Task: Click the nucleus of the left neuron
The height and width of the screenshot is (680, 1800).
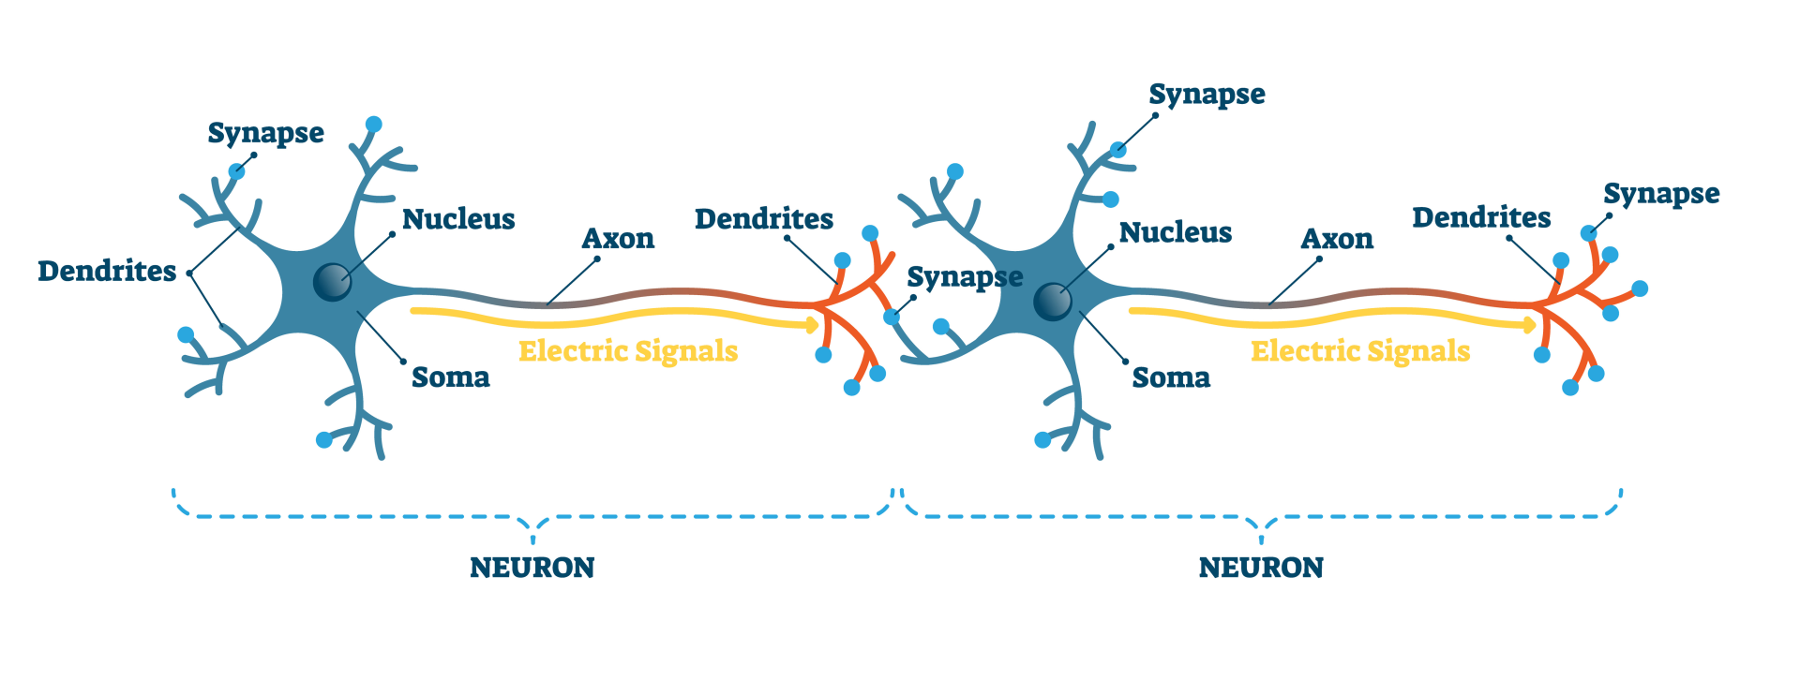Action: pos(332,281)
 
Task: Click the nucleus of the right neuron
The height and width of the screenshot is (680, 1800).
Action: pos(1052,302)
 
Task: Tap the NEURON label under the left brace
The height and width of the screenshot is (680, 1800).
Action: pos(532,568)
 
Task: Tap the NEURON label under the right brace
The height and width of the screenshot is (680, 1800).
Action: pos(1261,568)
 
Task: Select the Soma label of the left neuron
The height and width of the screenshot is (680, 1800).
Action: pos(451,377)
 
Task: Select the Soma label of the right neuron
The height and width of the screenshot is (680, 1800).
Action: pos(1171,377)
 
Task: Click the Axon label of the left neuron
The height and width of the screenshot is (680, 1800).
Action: pos(618,239)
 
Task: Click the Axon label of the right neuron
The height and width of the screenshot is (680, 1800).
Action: pos(1337,239)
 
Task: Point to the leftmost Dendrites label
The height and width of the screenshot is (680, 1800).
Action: pos(107,272)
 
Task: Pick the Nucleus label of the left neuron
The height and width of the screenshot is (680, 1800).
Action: pos(458,219)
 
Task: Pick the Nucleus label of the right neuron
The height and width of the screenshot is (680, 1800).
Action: pos(1176,232)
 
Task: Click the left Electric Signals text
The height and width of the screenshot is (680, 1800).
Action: pos(628,351)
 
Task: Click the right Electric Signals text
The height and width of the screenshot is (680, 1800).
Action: pos(1360,351)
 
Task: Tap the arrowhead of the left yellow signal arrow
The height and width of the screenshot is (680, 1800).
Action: pos(812,325)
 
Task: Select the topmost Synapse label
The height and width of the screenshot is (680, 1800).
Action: pos(1207,95)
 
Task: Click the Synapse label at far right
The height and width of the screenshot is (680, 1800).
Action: pos(1661,194)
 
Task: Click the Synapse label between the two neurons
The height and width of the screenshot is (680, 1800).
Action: pos(965,278)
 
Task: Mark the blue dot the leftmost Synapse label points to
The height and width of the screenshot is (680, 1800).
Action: pos(237,171)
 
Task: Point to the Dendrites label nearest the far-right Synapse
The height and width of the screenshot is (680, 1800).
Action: pos(1481,217)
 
